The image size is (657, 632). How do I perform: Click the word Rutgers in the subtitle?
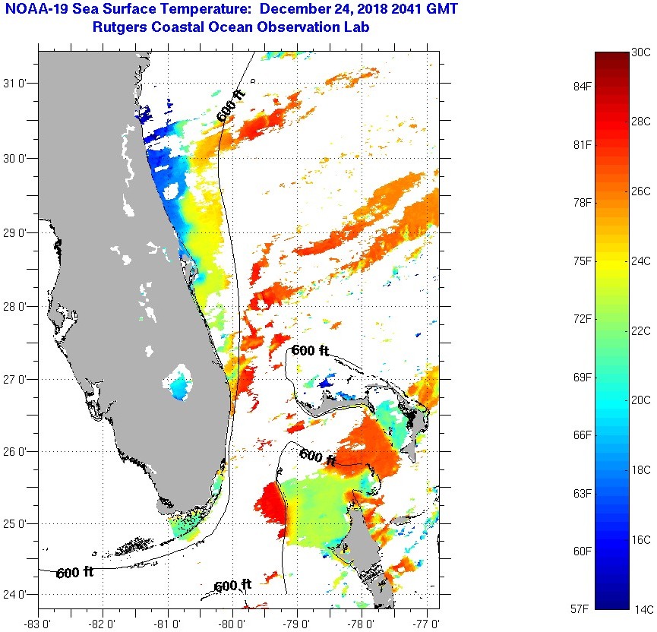tap(122, 28)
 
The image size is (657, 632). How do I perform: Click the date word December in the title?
tap(289, 10)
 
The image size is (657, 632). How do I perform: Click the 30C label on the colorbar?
tap(640, 52)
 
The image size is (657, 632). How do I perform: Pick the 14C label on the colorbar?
tap(640, 608)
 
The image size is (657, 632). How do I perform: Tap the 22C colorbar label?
tap(640, 330)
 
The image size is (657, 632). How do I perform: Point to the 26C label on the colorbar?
tap(640, 191)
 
